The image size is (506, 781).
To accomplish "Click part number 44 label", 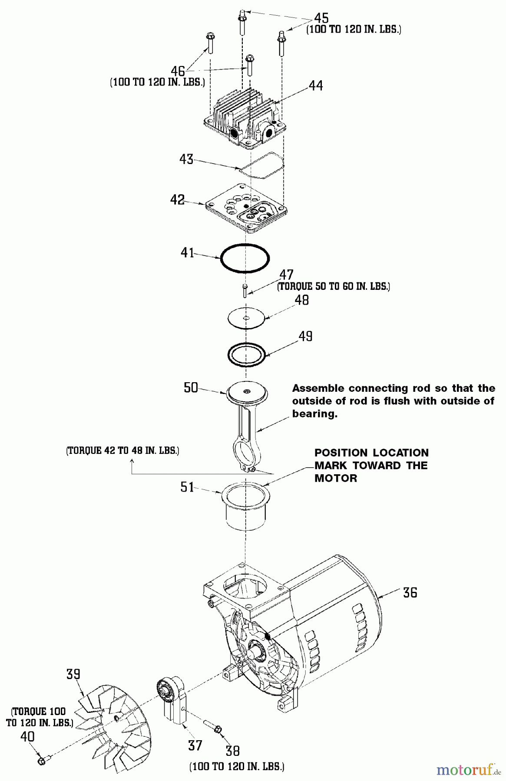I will point(316,86).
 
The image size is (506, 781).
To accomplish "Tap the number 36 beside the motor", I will point(410,592).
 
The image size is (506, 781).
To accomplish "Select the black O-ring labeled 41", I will point(245,259).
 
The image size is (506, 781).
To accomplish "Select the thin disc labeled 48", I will point(246,318).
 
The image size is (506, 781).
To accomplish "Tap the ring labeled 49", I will point(246,354).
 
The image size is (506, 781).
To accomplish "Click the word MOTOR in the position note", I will point(336,478).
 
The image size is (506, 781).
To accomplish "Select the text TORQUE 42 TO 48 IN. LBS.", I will point(122,450).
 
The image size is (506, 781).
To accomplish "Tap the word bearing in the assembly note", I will point(314,413).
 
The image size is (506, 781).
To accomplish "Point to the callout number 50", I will point(191,387).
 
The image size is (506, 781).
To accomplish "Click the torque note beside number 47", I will point(334,286).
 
